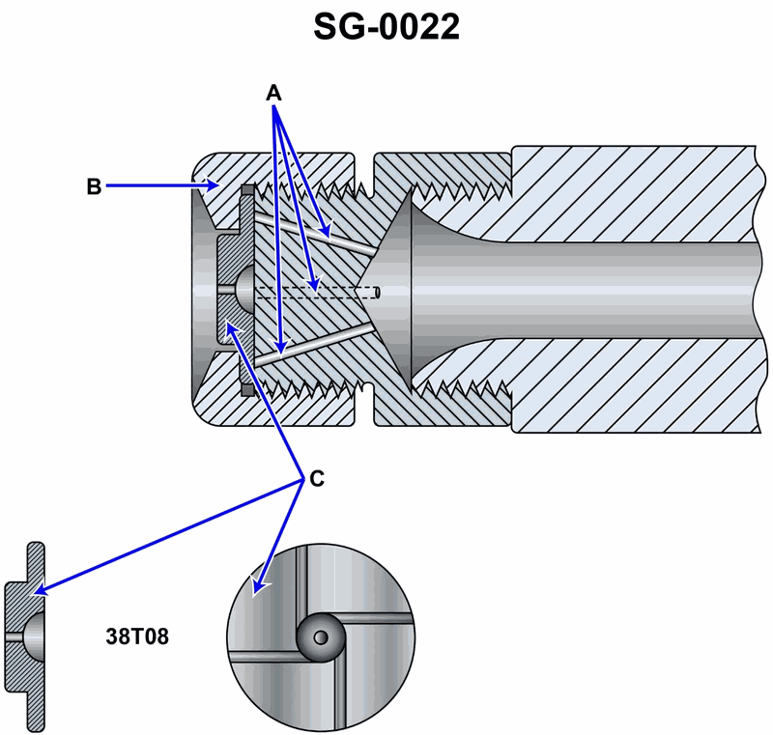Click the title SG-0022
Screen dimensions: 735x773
point(386,27)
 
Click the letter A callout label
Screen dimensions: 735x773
point(274,93)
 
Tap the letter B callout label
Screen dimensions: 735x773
point(94,186)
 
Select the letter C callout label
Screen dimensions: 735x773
point(315,478)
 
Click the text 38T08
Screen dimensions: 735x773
point(137,637)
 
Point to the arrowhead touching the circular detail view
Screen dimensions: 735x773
point(257,586)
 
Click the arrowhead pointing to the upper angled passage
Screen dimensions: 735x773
point(329,234)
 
